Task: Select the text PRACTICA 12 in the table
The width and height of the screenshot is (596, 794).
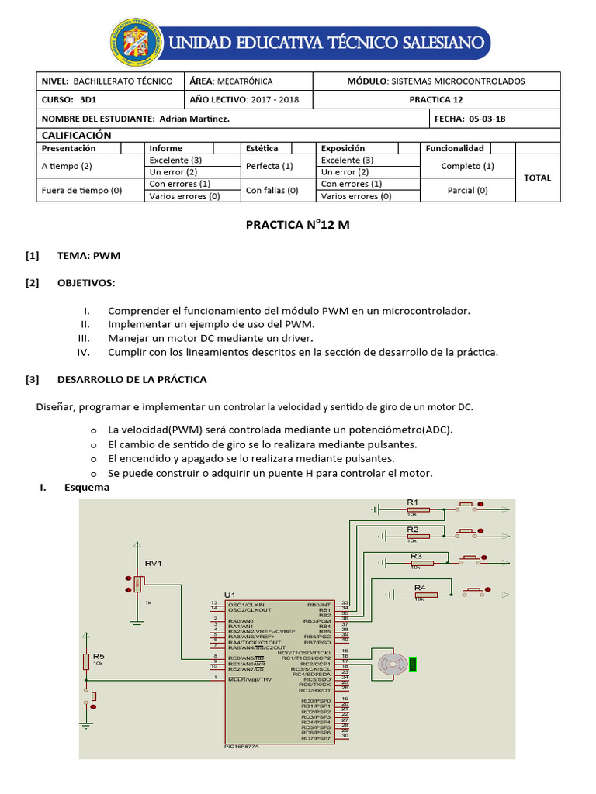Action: (x=436, y=99)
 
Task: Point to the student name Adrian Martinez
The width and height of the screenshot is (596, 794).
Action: (x=194, y=119)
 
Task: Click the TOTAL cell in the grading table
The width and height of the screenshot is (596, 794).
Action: (x=537, y=178)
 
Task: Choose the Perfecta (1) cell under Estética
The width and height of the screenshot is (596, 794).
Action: (x=269, y=166)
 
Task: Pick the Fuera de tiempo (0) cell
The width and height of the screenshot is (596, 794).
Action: (x=81, y=190)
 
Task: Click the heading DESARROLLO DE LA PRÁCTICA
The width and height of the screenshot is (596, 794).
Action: (x=132, y=379)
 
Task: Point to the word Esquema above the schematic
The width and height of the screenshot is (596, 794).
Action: (x=86, y=488)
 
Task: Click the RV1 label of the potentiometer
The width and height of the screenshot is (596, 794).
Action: (x=154, y=562)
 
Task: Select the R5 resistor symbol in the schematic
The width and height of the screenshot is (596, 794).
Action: (x=87, y=661)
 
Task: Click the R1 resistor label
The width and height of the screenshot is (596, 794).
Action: (x=413, y=502)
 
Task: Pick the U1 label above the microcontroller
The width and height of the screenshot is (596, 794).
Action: (x=230, y=595)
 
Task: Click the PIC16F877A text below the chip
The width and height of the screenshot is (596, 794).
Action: (x=241, y=746)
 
